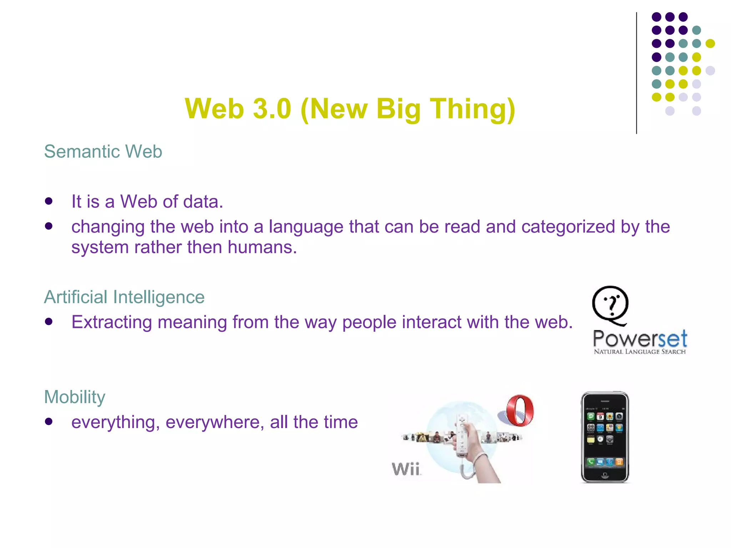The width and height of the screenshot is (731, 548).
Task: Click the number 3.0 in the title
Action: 272,109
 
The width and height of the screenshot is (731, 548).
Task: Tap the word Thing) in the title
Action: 472,109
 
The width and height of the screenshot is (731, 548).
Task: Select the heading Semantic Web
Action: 103,152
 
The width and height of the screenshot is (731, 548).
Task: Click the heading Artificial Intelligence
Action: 124,297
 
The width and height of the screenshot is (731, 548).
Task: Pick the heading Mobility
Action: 75,397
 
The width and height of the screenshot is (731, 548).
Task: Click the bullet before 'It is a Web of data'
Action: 49,201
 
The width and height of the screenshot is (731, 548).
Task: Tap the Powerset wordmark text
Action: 640,339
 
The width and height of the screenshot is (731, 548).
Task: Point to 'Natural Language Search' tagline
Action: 640,352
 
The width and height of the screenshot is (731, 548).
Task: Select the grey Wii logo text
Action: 406,469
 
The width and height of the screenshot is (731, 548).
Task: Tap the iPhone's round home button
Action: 605,475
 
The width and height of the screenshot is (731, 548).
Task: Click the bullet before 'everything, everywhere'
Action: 49,422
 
